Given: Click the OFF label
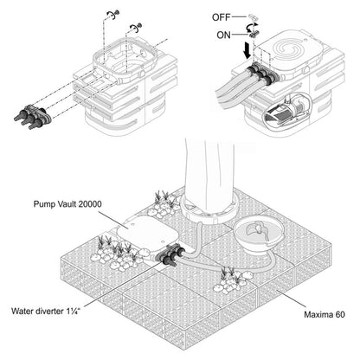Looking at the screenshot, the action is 222,17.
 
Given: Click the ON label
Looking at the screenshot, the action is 223,35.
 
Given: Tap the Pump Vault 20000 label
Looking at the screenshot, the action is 67,204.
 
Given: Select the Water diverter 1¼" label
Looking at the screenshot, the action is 45,311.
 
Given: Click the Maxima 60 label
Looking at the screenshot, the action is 325,314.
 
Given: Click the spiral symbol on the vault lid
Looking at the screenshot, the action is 286,48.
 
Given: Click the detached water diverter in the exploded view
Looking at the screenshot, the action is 33,116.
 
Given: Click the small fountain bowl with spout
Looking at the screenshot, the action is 256,235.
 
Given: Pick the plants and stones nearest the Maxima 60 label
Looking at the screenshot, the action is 231,280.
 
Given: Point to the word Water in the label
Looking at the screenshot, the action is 22,311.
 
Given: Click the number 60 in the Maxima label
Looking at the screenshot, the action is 340,314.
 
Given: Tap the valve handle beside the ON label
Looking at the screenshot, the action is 254,34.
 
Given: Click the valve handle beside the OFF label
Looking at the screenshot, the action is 253,16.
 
